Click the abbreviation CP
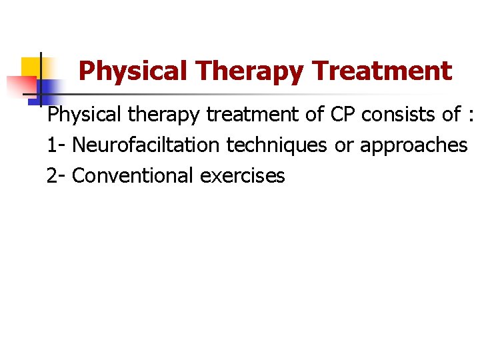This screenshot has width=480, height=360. [343, 115]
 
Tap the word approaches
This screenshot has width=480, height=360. [414, 145]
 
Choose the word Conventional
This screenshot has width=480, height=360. [133, 176]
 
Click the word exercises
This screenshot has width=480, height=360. [242, 176]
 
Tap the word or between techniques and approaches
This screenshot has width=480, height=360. [343, 145]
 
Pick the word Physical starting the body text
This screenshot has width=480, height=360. [83, 115]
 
